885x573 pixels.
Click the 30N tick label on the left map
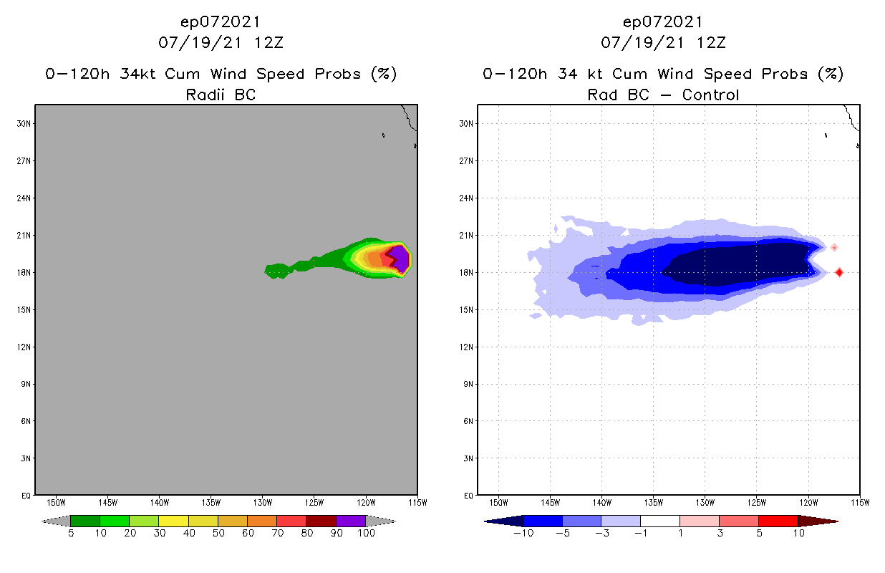(x=24, y=123)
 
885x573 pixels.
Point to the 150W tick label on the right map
(x=498, y=501)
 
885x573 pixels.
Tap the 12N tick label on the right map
(x=466, y=347)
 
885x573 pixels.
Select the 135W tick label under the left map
(x=211, y=501)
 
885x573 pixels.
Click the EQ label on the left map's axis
(x=25, y=495)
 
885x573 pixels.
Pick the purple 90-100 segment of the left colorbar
(x=351, y=521)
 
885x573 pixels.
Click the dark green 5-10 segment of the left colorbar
(x=85, y=521)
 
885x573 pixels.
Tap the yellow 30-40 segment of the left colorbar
(x=173, y=521)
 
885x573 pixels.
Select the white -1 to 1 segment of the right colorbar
(x=659, y=521)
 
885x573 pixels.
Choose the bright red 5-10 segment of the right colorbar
(x=778, y=521)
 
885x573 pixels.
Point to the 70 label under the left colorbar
(x=276, y=534)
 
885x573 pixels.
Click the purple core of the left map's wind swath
(x=400, y=258)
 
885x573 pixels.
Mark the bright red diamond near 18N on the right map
(x=838, y=272)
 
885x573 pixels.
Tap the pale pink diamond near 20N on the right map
(x=834, y=247)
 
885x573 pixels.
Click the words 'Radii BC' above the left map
(x=221, y=95)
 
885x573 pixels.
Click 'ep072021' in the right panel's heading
(x=663, y=21)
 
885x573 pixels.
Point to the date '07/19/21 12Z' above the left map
(x=221, y=42)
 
